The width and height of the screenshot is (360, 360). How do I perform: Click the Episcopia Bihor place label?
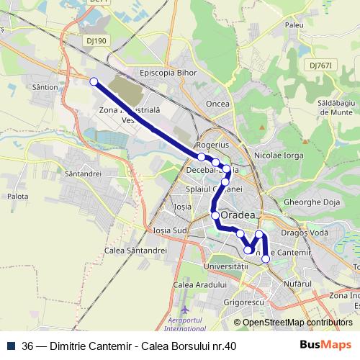pyautogui.click(x=168, y=73)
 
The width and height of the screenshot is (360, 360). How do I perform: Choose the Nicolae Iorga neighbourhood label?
pyautogui.click(x=279, y=155)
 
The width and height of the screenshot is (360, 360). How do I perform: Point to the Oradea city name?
pyautogui.click(x=238, y=215)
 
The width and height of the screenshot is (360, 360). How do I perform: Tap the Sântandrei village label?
pyautogui.click(x=83, y=174)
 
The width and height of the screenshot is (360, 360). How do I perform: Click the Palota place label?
pyautogui.click(x=17, y=196)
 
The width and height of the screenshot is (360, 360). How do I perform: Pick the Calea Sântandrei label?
pyautogui.click(x=136, y=251)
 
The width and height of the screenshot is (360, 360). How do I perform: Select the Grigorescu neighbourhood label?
pyautogui.click(x=240, y=302)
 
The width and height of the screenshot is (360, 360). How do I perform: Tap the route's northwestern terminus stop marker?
pyautogui.click(x=94, y=82)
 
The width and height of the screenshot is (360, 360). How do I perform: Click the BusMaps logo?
pyautogui.click(x=326, y=345)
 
